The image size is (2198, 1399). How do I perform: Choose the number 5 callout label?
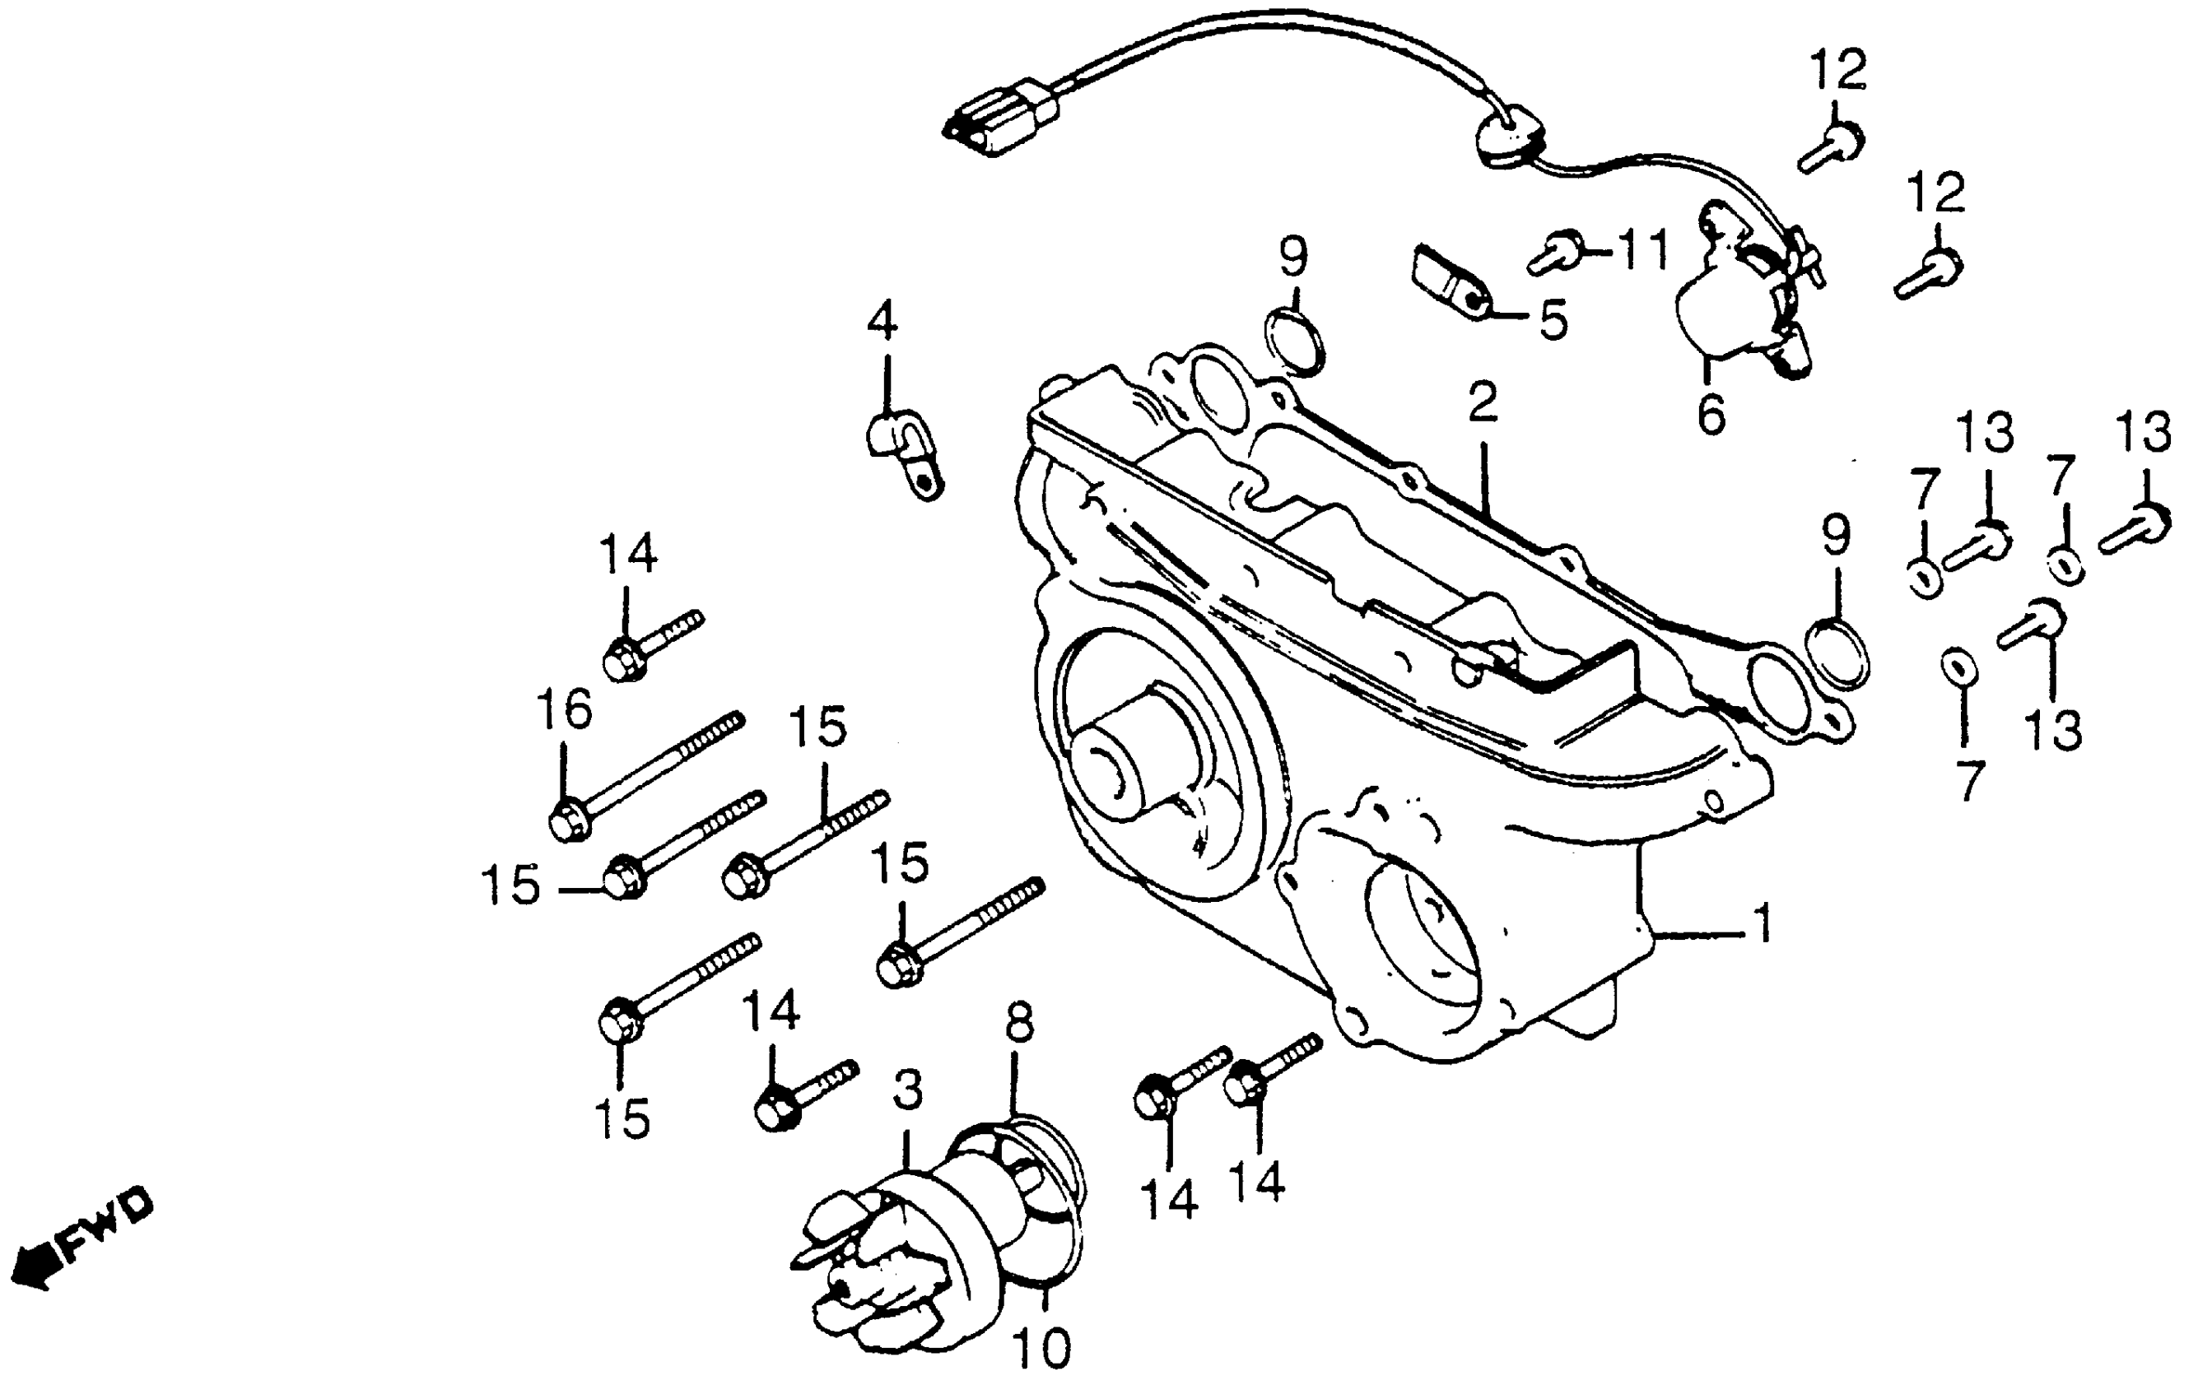[x=1553, y=319]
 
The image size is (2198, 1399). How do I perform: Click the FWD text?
[x=108, y=1225]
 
